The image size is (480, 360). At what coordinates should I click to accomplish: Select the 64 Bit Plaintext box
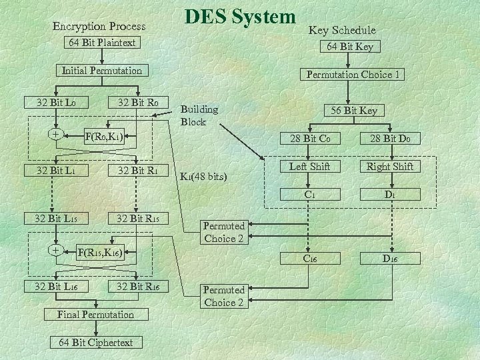pos(102,43)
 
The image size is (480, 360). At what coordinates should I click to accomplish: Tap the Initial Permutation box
pos(102,70)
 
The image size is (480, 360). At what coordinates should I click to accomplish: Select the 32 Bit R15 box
pos(138,218)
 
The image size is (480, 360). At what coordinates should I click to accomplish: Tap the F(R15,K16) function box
pos(107,253)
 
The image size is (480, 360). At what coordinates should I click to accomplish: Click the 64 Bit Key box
pos(349,47)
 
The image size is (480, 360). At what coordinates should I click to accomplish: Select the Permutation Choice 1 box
pos(353,75)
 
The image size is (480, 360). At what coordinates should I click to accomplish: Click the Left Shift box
pos(309,166)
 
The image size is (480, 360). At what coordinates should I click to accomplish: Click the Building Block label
pos(199,116)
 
